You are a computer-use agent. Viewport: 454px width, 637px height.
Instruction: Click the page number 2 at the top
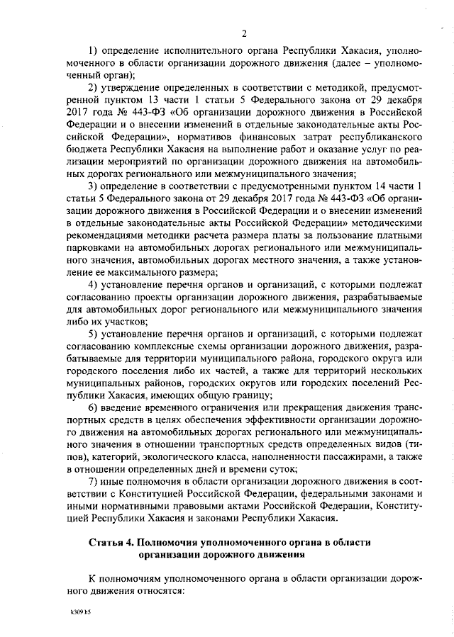point(243,33)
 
